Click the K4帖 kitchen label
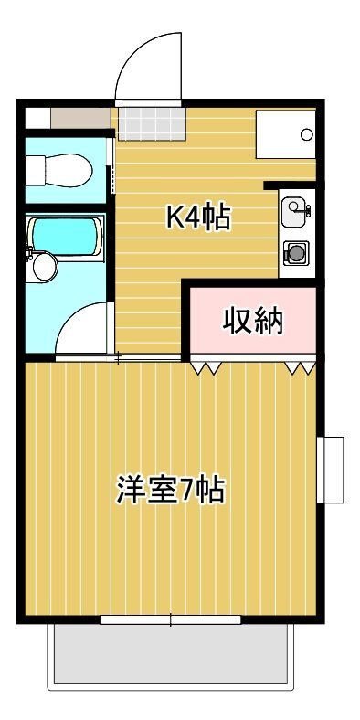click(x=197, y=217)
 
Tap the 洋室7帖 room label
click(x=170, y=490)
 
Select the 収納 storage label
click(x=253, y=321)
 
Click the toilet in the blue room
click(x=58, y=170)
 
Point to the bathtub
click(x=65, y=237)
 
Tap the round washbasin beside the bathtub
click(x=45, y=266)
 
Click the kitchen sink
click(x=294, y=212)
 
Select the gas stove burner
click(x=295, y=253)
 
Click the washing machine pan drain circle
click(x=307, y=134)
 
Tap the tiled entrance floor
click(x=152, y=124)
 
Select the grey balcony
click(x=170, y=654)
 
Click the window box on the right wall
click(x=331, y=470)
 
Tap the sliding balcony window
click(x=170, y=619)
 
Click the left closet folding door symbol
click(x=206, y=368)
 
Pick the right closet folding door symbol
click(x=301, y=368)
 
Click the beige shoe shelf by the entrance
click(x=80, y=119)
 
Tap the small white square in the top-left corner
click(x=37, y=119)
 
